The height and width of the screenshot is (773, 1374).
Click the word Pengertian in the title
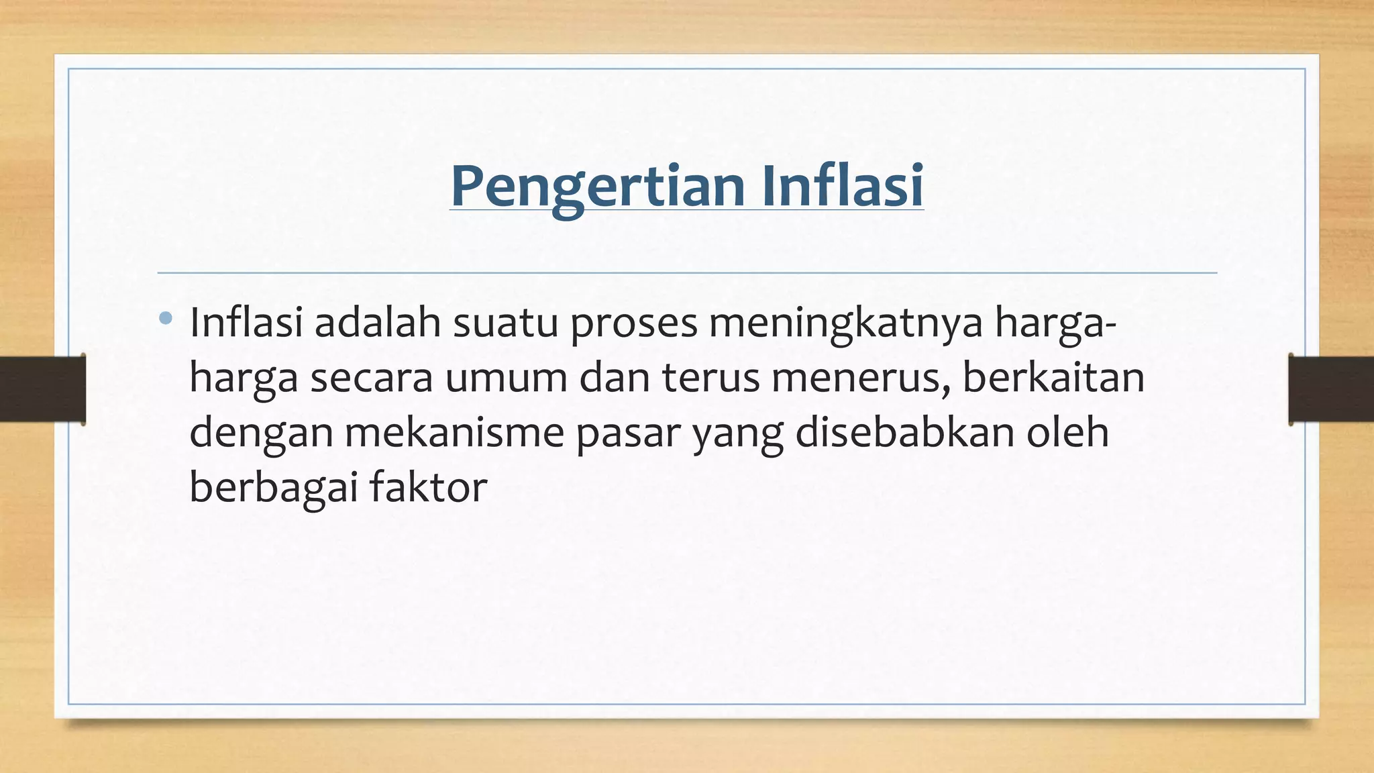point(598,187)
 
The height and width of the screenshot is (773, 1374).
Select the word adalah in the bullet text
point(377,323)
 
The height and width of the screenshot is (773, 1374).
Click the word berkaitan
point(1053,377)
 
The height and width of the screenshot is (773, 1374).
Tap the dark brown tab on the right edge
point(1331,389)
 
